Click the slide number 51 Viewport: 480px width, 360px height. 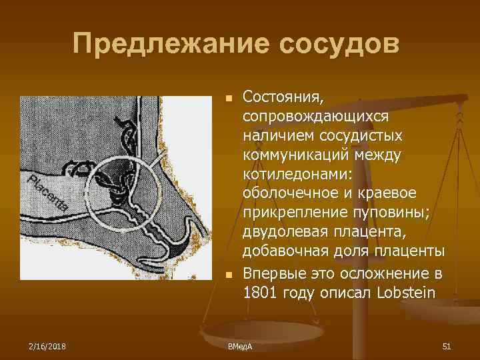point(447,345)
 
